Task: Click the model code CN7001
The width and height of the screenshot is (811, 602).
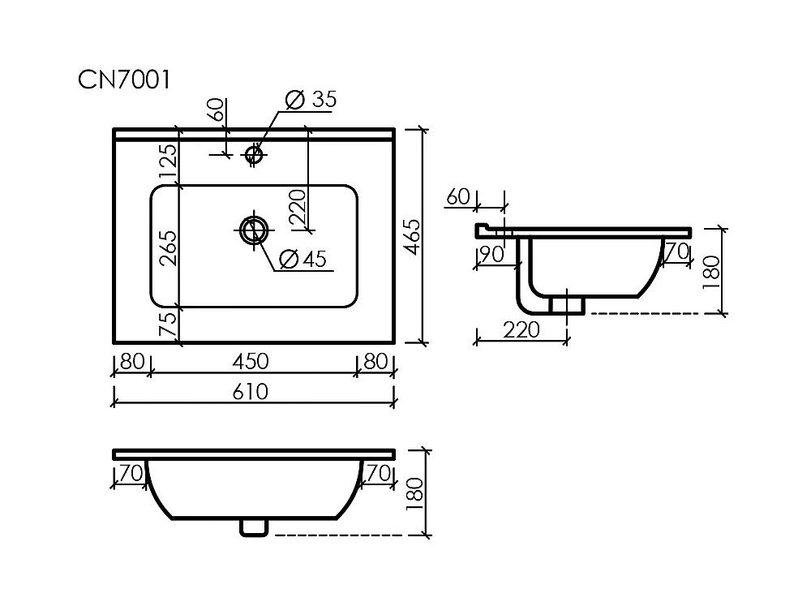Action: pos(123,80)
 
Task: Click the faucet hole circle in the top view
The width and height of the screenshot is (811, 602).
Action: pos(253,153)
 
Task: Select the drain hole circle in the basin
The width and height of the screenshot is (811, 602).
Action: pos(254,230)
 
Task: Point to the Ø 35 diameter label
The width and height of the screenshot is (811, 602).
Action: pos(311,99)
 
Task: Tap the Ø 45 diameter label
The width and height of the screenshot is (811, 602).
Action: pos(303,259)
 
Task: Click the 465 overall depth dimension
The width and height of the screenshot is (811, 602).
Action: pos(412,237)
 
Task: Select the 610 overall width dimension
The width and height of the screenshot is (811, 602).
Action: pos(251,392)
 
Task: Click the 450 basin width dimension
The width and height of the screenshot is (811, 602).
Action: pos(251,361)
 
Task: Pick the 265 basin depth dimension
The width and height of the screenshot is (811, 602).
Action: pos(168,248)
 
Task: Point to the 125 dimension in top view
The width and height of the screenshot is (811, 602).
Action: pos(168,161)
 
